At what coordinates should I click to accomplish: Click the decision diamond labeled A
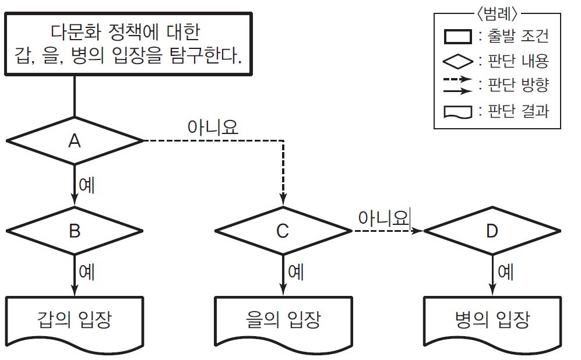(74, 140)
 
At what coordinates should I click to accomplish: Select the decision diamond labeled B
(74, 231)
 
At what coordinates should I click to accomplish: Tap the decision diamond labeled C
(283, 231)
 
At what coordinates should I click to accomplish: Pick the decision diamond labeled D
(492, 231)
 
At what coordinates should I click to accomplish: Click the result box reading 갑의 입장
(74, 320)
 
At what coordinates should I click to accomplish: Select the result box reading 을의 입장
(283, 320)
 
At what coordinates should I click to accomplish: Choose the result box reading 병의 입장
(492, 320)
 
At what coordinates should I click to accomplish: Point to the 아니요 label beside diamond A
(213, 128)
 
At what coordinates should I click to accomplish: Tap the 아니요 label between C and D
(383, 218)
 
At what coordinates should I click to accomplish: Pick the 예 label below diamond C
(295, 272)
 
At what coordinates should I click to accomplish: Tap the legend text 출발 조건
(518, 36)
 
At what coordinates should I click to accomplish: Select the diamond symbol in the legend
(457, 61)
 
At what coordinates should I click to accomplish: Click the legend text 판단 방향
(518, 85)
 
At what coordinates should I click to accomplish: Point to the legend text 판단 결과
(518, 111)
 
